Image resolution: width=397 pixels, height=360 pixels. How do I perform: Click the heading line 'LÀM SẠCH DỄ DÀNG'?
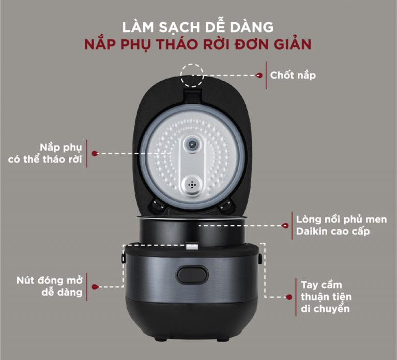(198, 26)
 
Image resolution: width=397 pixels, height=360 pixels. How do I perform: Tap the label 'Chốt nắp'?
(293, 75)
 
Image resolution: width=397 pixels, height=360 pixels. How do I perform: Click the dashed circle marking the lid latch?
(192, 75)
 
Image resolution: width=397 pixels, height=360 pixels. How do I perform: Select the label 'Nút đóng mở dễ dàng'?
(49, 286)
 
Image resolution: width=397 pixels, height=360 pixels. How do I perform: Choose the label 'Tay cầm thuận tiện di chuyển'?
(326, 297)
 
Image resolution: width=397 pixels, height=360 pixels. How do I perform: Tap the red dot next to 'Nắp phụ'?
(95, 154)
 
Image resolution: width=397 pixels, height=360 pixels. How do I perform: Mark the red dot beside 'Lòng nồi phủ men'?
(286, 226)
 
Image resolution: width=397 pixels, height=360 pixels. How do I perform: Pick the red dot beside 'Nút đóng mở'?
(95, 286)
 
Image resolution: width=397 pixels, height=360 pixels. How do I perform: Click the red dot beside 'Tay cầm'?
(289, 297)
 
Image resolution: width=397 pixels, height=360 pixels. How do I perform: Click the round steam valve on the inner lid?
(193, 146)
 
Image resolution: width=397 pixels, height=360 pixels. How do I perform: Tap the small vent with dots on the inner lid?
(193, 184)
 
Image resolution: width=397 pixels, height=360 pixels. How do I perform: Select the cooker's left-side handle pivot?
(124, 256)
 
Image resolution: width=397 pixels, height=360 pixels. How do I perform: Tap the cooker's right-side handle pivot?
(259, 256)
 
